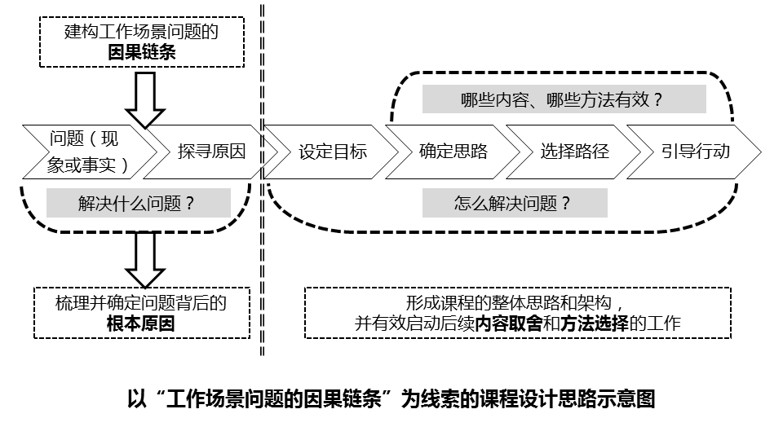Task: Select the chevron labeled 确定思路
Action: pos(453,152)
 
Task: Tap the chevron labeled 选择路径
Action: pos(574,152)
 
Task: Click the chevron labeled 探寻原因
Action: pos(211,152)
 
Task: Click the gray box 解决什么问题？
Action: pos(138,204)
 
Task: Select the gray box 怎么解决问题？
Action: pos(514,204)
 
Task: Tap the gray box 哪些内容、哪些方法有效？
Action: pos(564,99)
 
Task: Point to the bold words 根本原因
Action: pos(141,323)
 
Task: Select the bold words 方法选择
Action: pos(594,323)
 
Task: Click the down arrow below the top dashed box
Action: pos(146,99)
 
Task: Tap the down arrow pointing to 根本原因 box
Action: pos(145,259)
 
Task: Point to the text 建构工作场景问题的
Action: pos(142,32)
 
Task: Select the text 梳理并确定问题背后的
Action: pos(141,303)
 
